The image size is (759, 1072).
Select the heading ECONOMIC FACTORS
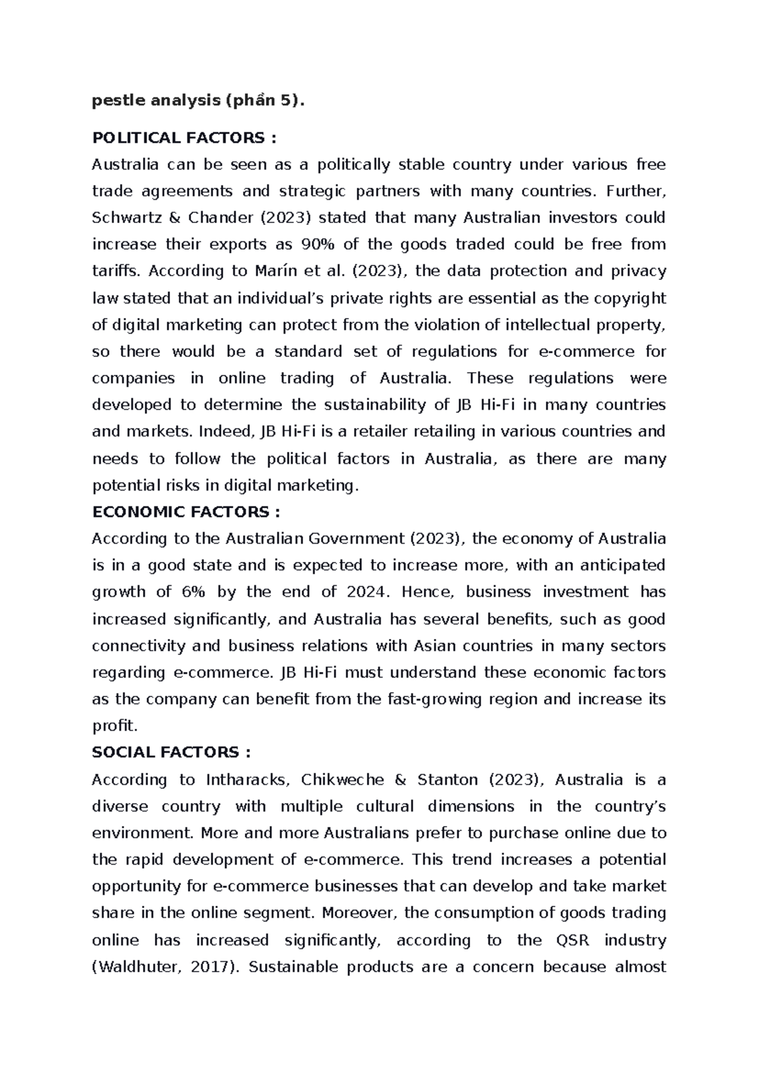click(185, 511)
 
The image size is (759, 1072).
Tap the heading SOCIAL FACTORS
click(171, 752)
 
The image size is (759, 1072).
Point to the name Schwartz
click(128, 218)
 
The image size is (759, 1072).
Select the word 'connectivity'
click(139, 646)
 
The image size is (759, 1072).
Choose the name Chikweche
click(343, 779)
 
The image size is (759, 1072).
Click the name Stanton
click(447, 779)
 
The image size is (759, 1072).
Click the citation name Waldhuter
click(133, 967)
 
